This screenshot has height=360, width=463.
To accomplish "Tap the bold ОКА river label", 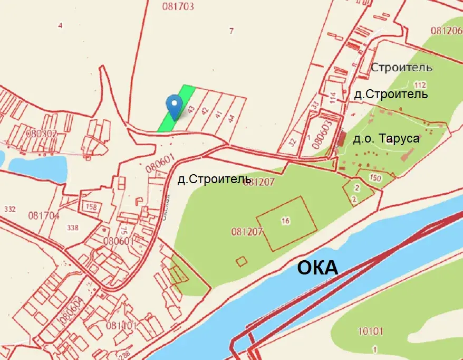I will coord(317,268).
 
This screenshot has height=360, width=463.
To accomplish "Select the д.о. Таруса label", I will coord(386,139).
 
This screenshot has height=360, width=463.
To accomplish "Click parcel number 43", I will coord(191,110).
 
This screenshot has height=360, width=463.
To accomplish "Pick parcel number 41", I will coord(218,115).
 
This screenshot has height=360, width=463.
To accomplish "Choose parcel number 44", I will coord(231,117).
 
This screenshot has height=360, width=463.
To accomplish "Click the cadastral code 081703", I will coord(178,7).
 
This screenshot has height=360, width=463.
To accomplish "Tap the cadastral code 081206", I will coord(446,31).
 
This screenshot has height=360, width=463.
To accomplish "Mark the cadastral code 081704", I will coord(44,215).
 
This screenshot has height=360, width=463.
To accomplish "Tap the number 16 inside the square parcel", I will coord(285,221).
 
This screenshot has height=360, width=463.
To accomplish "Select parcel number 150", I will coord(375,178).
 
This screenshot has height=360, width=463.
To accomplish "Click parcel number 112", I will coord(420,85).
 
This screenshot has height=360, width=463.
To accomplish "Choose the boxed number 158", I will coord(91,207).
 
